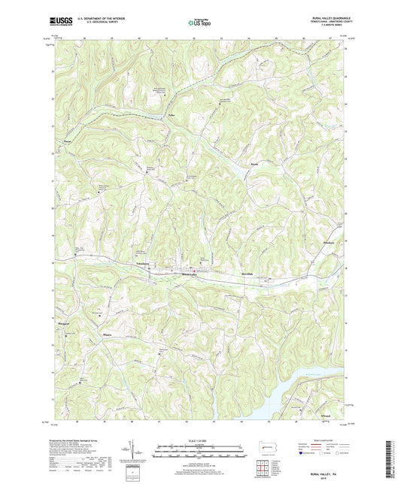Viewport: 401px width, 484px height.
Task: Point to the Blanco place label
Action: coord(105,336)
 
